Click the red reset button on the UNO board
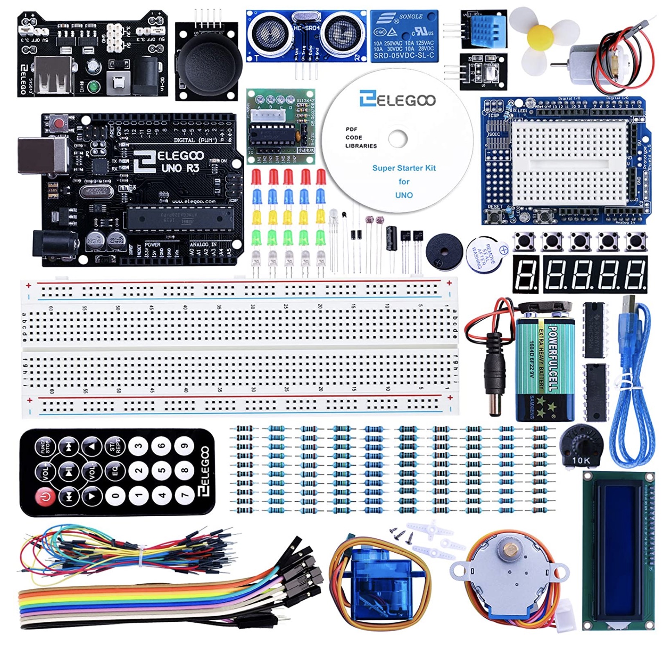(x=61, y=123)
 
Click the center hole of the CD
(x=398, y=139)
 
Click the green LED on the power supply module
(x=94, y=86)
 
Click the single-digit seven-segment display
(x=525, y=274)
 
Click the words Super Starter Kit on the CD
(x=403, y=168)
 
